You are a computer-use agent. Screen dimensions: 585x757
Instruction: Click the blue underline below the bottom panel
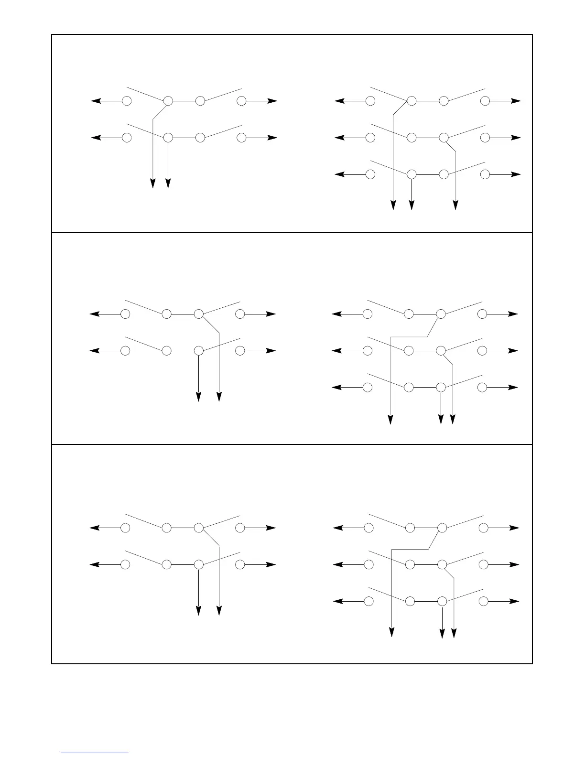click(x=95, y=753)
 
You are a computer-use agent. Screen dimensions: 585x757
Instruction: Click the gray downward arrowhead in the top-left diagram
click(x=152, y=184)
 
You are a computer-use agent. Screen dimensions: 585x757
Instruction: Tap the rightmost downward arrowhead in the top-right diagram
click(x=455, y=205)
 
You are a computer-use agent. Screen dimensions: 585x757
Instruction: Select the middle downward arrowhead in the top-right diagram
click(x=412, y=205)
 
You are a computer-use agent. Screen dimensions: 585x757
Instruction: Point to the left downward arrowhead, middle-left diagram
click(x=198, y=397)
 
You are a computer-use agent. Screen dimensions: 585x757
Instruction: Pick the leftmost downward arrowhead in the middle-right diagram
click(x=390, y=419)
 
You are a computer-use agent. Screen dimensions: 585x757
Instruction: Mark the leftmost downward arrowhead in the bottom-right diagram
click(x=392, y=632)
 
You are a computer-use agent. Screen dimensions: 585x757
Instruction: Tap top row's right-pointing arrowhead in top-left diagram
click(x=272, y=101)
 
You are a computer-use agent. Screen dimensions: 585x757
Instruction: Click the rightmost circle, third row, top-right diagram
click(x=485, y=174)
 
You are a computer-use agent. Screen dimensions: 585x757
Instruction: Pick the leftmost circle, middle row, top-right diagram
click(x=370, y=138)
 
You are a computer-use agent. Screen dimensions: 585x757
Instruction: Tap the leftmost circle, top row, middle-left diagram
click(x=125, y=314)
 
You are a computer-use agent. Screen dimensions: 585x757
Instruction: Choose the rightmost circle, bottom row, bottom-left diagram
click(x=240, y=564)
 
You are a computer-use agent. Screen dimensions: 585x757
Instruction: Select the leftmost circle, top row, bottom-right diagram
click(x=368, y=528)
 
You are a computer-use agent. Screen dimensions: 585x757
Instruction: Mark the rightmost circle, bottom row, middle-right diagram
click(x=482, y=387)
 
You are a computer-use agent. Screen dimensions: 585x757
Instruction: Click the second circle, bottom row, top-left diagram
click(x=168, y=138)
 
